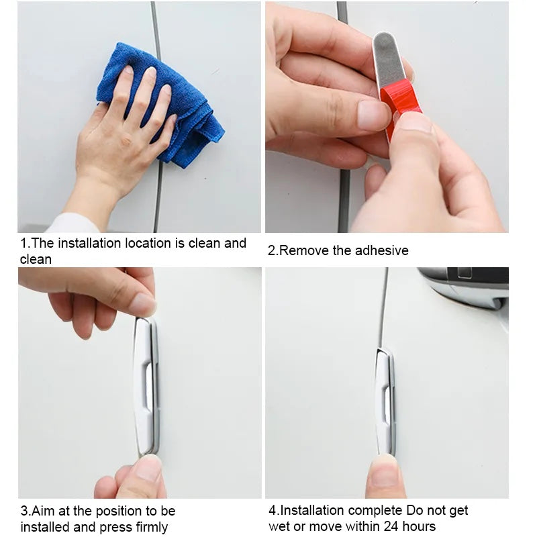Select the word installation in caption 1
pyautogui.click(x=89, y=243)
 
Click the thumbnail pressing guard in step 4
pyautogui.click(x=385, y=471)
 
